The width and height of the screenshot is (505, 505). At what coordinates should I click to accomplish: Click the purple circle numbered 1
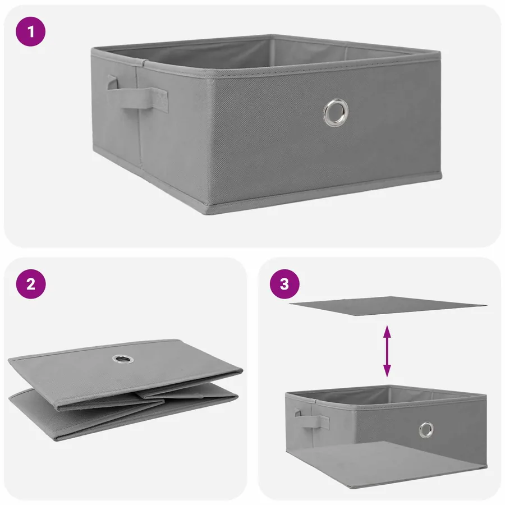(x=31, y=31)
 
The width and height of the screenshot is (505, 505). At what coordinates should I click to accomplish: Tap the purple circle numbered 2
(x=31, y=284)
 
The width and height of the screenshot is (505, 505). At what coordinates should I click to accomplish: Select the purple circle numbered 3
(x=284, y=284)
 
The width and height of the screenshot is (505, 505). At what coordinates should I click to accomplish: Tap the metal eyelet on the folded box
(x=122, y=359)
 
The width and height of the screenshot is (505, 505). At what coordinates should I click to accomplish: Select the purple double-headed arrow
(x=387, y=351)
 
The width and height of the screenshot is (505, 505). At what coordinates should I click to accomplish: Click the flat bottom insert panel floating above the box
(x=388, y=306)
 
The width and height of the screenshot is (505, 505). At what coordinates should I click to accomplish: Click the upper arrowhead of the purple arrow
(x=387, y=331)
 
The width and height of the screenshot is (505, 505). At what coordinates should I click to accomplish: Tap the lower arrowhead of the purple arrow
(x=387, y=371)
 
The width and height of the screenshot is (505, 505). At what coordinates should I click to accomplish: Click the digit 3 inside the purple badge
(x=284, y=284)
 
